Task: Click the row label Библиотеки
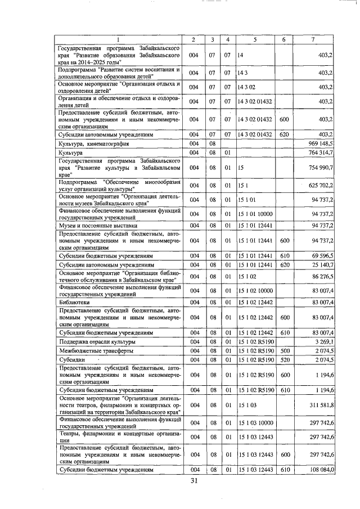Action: [x=74, y=303]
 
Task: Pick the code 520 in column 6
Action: [x=284, y=359]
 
